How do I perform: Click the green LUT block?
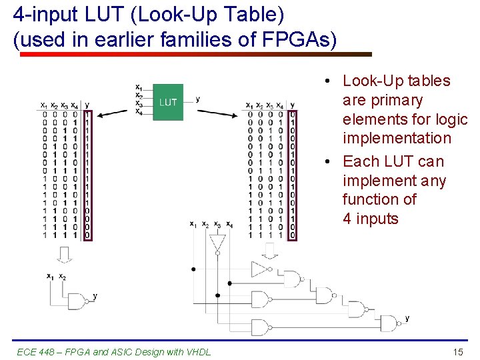pyautogui.click(x=168, y=102)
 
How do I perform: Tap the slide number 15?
pyautogui.click(x=457, y=351)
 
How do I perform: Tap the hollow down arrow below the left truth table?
pyautogui.click(x=63, y=254)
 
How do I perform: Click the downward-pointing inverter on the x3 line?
pyautogui.click(x=217, y=245)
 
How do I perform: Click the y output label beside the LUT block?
pyautogui.click(x=198, y=99)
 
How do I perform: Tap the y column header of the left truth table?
pyautogui.click(x=87, y=105)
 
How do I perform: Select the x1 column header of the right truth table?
pyautogui.click(x=249, y=105)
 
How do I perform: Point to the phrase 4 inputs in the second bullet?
pyautogui.click(x=370, y=219)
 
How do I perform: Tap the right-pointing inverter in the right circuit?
pyautogui.click(x=259, y=269)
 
